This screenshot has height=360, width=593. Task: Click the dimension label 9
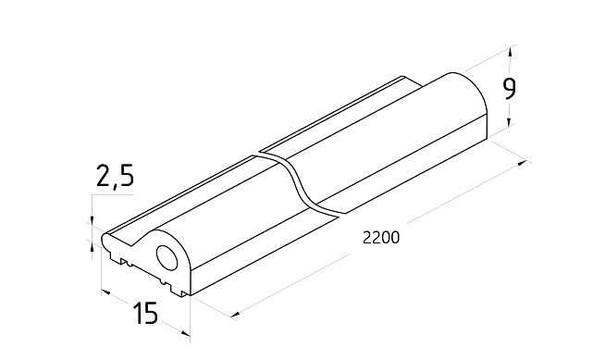click(509, 90)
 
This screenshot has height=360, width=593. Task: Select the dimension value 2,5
click(115, 176)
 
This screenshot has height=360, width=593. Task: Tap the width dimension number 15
click(145, 313)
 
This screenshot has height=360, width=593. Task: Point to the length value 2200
click(381, 238)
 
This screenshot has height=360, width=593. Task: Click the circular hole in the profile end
click(167, 258)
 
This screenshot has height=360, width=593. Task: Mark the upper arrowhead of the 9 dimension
click(511, 52)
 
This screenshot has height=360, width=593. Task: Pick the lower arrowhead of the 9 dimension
click(510, 121)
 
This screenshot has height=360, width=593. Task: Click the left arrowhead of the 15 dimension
click(106, 292)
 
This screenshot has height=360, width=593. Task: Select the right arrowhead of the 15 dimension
click(185, 333)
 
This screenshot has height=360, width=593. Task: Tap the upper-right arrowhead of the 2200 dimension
click(523, 163)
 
